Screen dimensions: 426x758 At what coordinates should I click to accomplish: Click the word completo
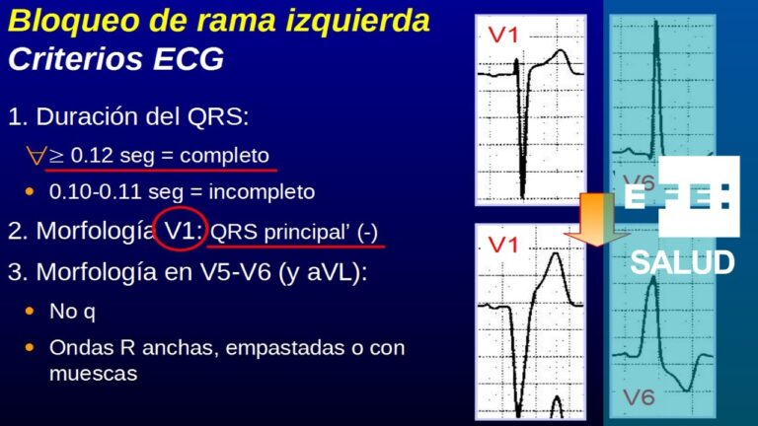(225, 155)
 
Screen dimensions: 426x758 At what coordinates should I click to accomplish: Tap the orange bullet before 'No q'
(31, 312)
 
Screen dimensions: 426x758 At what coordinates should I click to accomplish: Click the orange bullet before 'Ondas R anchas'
(31, 349)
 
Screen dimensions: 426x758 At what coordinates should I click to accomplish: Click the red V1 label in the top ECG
(504, 35)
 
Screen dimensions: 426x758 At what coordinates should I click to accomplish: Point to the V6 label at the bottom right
(640, 398)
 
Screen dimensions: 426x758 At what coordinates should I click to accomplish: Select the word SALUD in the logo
(682, 263)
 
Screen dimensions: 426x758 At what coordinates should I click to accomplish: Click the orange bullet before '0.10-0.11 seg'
(31, 190)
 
